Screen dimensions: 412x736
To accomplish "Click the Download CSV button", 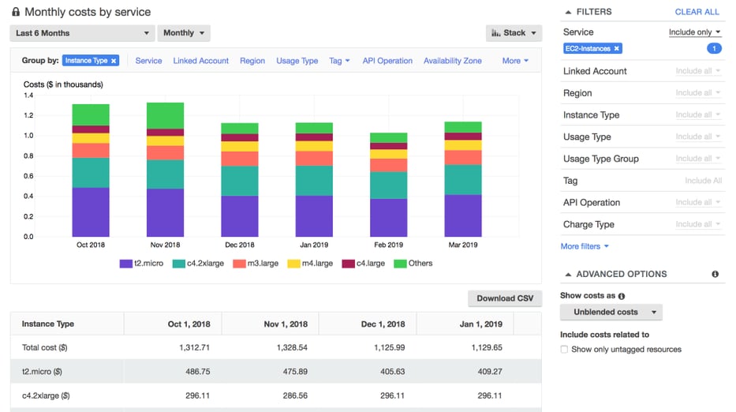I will coord(505,298).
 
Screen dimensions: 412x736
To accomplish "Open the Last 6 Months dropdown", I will coord(82,33).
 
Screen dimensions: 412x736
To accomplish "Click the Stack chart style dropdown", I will coord(514,33).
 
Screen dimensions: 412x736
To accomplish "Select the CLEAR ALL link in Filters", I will coord(697,13).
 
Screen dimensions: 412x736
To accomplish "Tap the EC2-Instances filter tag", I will coord(592,49).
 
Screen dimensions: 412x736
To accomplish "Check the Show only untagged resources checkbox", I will coord(564,350).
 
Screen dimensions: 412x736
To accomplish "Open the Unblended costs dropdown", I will coord(611,312).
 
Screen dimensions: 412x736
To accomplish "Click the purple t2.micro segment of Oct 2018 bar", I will coord(91,212).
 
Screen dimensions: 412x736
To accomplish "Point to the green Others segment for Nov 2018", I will coord(165,115).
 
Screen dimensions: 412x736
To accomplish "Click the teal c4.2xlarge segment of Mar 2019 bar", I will coord(462,179).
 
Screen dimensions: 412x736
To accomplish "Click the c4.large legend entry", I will coord(365,264).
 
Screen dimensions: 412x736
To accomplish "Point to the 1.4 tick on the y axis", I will coord(28,96).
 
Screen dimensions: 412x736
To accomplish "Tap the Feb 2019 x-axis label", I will coord(388,245).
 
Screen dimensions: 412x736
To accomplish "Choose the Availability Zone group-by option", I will coord(452,61).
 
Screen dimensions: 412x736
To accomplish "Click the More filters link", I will coord(584,246).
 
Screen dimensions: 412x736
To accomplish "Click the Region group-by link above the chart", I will coord(252,61).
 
